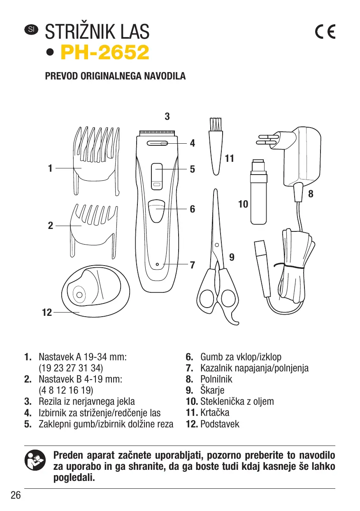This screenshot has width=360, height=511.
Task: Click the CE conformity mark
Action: tap(325, 32)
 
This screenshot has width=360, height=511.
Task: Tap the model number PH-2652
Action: tap(105, 53)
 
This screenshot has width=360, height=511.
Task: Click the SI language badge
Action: tap(31, 29)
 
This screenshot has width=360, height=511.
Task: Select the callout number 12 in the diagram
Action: tap(47, 313)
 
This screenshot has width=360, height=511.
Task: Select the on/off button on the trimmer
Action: tap(156, 209)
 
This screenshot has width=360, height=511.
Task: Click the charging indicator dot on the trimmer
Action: tap(157, 264)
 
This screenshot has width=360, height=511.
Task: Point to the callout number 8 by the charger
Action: tap(311, 194)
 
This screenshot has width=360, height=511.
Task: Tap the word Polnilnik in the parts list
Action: tap(216, 379)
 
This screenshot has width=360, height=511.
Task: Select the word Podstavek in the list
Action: tap(219, 424)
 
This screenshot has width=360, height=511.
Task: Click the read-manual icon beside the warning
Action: tap(33, 461)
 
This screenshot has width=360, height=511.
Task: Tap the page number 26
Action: tap(16, 495)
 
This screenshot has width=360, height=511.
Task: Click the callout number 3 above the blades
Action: tap(167, 117)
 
